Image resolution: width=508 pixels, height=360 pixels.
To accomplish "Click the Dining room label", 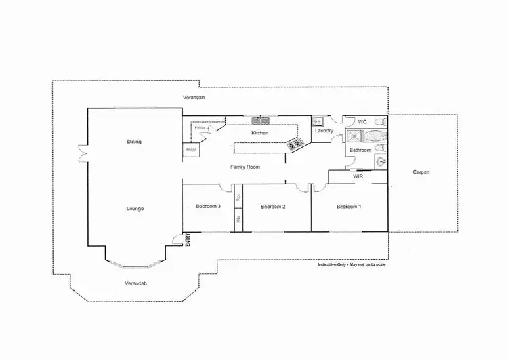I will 134,142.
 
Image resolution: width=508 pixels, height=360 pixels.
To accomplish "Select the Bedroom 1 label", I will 349,206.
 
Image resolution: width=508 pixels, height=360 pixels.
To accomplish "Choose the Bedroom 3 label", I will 208,206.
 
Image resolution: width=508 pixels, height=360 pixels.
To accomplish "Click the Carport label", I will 421,172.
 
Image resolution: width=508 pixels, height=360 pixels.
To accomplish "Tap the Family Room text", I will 245,167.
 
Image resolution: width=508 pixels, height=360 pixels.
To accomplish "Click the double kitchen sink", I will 261,121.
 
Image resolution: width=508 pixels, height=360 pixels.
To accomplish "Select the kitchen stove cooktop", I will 295,144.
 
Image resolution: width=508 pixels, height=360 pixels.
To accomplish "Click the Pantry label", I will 200,127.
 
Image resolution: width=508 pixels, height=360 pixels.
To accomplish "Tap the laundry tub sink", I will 317,121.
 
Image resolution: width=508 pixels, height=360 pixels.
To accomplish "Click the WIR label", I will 358,176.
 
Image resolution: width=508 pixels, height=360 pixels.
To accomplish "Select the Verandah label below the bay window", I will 136,283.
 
